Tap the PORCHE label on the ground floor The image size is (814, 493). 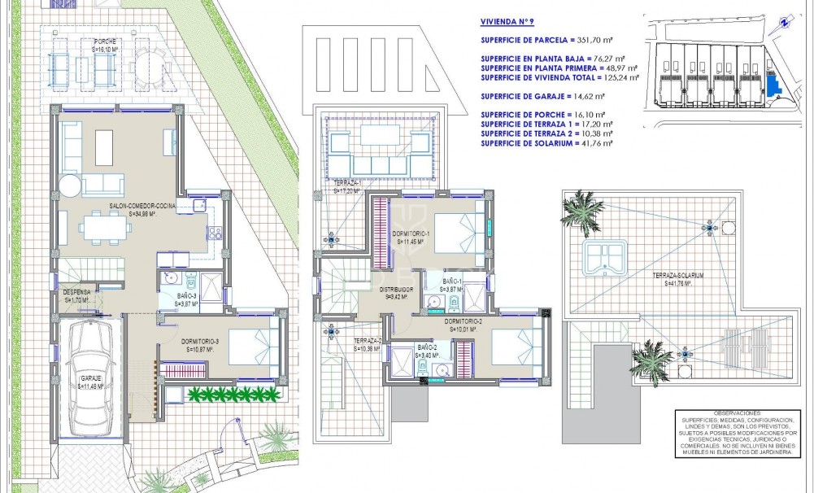coord(103,41)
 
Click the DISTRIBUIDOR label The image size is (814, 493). coord(398,289)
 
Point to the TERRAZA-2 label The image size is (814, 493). coord(368,341)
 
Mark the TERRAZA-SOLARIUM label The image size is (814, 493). coord(677,276)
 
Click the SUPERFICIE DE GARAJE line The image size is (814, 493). coord(551,96)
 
